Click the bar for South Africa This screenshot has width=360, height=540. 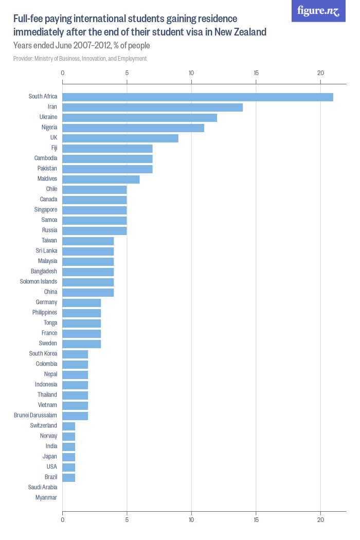tap(197, 97)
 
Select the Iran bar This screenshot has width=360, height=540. tap(152, 107)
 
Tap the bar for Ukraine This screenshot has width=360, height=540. tap(139, 118)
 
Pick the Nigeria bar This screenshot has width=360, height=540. tap(133, 128)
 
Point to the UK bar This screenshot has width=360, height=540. tap(120, 138)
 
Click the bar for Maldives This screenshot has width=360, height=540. tap(101, 179)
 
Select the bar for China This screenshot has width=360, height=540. tap(88, 293)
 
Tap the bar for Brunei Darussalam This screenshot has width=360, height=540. tap(75, 416)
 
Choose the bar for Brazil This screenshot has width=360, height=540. tap(69, 478)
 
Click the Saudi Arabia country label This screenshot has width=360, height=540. tap(43, 488)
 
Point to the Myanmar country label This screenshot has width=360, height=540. tap(46, 498)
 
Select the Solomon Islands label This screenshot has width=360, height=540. tap(39, 282)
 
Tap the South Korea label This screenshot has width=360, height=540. tap(43, 354)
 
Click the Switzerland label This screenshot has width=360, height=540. tap(44, 426)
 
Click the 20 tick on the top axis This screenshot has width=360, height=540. tap(320, 73)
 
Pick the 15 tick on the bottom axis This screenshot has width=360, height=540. tap(256, 520)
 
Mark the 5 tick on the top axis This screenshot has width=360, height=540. tap(127, 73)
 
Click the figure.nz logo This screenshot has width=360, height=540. tap(319, 11)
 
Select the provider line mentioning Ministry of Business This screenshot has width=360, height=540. tap(80, 59)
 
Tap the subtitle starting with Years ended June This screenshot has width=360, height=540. tap(81, 46)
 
